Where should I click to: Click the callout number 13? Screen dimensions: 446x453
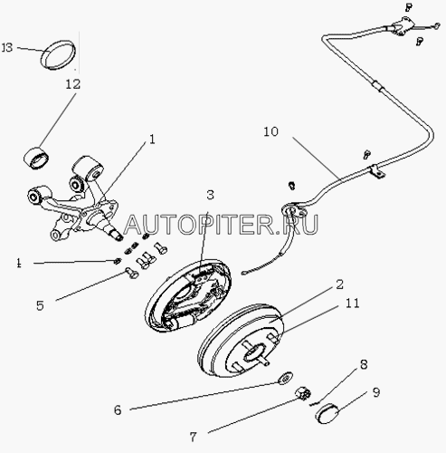tap(7, 47)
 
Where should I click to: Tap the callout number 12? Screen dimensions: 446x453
tap(73, 84)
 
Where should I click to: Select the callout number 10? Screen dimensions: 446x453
tap(270, 131)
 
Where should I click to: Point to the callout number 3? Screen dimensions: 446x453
tap(210, 195)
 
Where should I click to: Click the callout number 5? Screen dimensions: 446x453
tap(40, 305)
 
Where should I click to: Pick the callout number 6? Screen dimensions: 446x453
tap(118, 410)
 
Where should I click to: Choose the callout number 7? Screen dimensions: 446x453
tap(193, 437)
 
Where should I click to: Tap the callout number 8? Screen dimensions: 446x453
tap(364, 365)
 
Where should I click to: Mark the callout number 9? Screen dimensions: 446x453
tap(376, 392)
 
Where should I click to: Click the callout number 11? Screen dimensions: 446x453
tap(352, 304)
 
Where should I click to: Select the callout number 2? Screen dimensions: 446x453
tap(339, 284)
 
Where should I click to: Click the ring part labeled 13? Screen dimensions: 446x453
tap(58, 55)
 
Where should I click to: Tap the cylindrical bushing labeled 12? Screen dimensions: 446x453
tap(36, 158)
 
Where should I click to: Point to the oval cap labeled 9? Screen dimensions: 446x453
tap(327, 413)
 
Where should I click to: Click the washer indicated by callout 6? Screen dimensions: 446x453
tap(285, 379)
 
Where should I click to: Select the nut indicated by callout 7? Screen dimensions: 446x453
tap(303, 394)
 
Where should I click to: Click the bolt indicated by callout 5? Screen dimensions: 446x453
tap(131, 274)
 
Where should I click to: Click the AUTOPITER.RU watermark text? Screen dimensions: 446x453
tap(221, 225)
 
